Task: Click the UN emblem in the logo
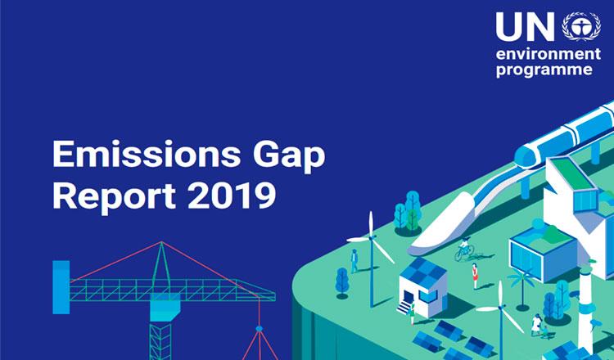point(581,26)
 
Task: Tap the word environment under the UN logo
point(549,54)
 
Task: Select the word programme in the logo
point(544,70)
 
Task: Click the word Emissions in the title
point(146,153)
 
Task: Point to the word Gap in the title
point(289,155)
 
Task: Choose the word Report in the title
point(114,196)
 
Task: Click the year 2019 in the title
point(232,195)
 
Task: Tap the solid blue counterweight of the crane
point(61,287)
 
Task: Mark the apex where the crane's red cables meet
point(161,242)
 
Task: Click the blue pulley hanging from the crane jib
point(259,329)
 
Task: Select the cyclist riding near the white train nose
point(465,249)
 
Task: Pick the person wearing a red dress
point(475,276)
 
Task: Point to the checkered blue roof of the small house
point(422,271)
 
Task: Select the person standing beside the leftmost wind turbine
point(354,260)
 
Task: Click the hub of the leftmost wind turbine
point(371,236)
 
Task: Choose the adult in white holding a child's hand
point(536,324)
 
